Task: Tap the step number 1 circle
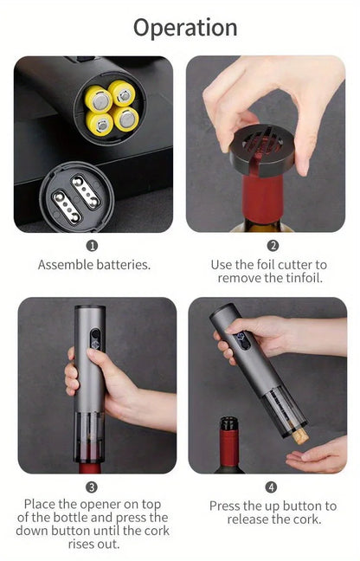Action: [x=93, y=246]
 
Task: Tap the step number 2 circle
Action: [x=273, y=246]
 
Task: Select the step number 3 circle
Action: [x=93, y=487]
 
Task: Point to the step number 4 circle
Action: [x=272, y=487]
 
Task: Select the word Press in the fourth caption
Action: [x=227, y=506]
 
